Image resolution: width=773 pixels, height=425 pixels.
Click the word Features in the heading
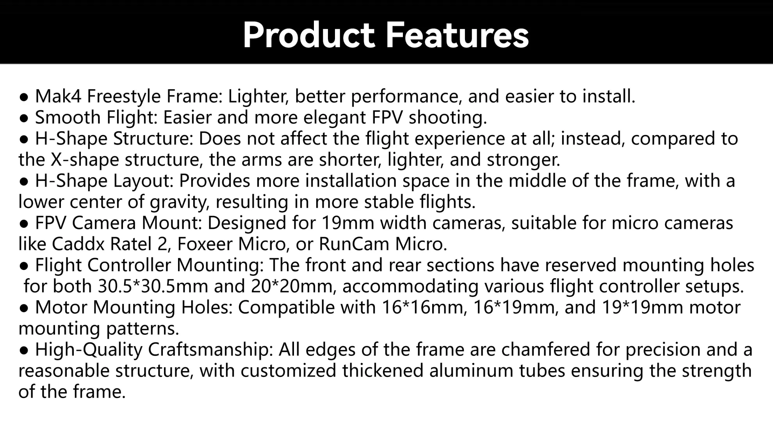tap(457, 35)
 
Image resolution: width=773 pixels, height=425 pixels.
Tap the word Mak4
tap(58, 96)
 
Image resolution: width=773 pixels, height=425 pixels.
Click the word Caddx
tap(78, 244)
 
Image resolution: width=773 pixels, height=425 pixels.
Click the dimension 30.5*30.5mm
tap(153, 286)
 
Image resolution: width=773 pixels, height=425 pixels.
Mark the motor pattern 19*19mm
tap(642, 307)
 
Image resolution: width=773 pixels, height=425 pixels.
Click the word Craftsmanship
tap(210, 350)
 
